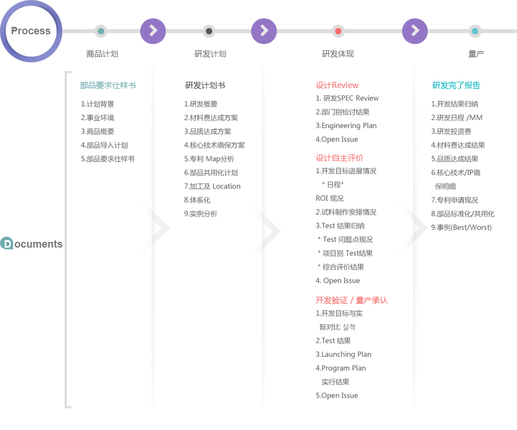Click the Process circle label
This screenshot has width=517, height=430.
coord(31,31)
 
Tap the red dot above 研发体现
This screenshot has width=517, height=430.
coord(338,31)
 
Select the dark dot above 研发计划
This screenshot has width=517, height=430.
coord(209,31)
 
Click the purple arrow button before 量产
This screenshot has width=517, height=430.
coord(415,31)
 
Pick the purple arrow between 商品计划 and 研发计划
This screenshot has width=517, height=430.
coord(153,31)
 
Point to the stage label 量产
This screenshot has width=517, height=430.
coord(476,54)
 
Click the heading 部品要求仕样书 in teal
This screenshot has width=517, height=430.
coord(108,85)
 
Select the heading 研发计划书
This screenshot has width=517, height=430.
coord(205,85)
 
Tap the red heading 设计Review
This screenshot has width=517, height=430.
coord(337,85)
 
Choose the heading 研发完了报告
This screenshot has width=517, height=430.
coord(456,85)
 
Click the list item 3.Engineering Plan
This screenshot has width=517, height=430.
coord(346,126)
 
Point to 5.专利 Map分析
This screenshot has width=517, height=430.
coord(209,159)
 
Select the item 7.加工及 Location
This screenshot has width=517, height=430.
coord(212,186)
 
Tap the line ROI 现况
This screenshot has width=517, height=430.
coord(329,198)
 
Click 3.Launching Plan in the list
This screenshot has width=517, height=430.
coord(343,354)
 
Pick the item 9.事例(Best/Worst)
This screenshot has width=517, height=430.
coord(462,227)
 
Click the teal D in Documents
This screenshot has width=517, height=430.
coord(7,244)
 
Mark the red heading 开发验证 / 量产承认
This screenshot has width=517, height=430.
coord(352,300)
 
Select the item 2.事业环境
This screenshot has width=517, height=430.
coord(98,118)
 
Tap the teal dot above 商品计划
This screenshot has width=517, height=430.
coord(101,31)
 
